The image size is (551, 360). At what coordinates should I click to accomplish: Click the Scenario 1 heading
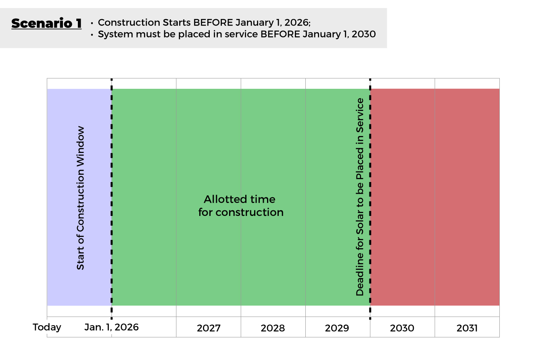[x=46, y=23]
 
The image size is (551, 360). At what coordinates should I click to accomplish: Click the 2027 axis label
[x=209, y=328]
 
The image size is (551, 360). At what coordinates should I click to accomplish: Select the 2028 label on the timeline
[x=273, y=328]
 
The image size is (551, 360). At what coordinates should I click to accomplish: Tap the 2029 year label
[x=337, y=328]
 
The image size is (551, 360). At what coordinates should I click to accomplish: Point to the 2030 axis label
[x=402, y=328]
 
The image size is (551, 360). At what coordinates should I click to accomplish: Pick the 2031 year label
[x=467, y=328]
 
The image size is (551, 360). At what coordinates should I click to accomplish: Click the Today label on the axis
[x=47, y=328]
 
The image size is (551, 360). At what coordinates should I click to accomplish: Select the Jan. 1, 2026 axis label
[x=111, y=327]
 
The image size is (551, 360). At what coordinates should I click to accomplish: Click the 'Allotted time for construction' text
[x=241, y=206]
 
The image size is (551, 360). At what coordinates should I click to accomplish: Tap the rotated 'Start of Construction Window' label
[x=80, y=198]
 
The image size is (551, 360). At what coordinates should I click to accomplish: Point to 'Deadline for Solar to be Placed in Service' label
[x=360, y=197]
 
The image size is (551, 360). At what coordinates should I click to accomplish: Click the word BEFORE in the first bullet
[x=213, y=23]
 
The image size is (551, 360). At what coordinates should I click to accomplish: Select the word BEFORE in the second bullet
[x=280, y=34]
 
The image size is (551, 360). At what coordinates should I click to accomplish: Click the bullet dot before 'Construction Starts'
[x=92, y=23]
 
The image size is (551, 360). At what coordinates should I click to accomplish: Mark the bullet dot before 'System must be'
[x=92, y=35]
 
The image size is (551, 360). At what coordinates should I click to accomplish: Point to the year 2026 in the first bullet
[x=297, y=23]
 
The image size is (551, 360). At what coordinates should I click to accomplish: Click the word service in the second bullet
[x=240, y=34]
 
